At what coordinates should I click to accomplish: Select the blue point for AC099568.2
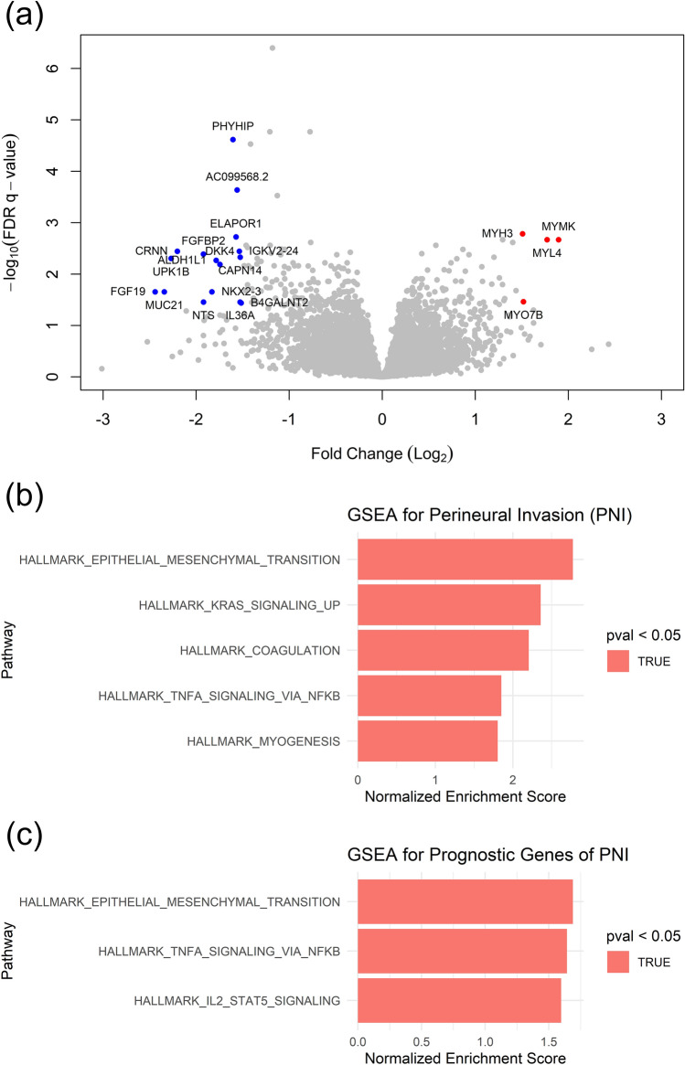click(x=237, y=190)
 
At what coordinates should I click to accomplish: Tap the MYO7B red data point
click(x=523, y=302)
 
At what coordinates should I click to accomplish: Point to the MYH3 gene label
click(x=498, y=234)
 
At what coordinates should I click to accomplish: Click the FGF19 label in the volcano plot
click(x=127, y=292)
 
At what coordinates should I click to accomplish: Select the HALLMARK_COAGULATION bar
click(x=443, y=650)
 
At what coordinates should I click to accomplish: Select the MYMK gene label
click(x=558, y=226)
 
